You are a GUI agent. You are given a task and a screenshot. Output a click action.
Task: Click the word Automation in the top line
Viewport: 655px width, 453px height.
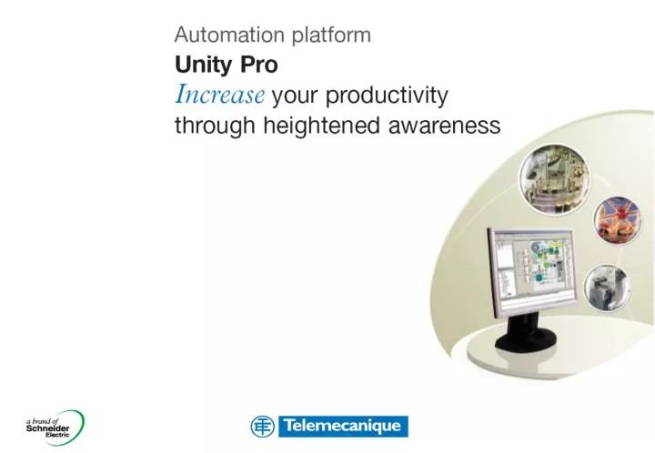[x=230, y=35]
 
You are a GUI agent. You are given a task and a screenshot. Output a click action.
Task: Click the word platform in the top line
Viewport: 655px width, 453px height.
[x=331, y=35]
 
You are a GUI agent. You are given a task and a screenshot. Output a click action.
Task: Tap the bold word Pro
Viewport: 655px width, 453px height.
[x=259, y=65]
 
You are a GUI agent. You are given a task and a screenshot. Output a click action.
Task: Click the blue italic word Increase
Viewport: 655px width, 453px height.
[x=219, y=94]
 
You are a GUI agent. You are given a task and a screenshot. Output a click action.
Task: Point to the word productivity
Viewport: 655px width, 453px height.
[x=387, y=96]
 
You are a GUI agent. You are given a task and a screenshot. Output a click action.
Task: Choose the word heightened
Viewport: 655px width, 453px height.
[x=322, y=126]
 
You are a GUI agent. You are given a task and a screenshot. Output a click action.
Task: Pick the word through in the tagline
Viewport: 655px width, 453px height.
[x=215, y=126]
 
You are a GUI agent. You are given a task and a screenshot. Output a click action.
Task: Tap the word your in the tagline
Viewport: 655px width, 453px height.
[x=295, y=96]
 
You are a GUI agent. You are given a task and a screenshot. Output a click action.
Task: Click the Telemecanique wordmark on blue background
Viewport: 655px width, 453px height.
[x=343, y=427]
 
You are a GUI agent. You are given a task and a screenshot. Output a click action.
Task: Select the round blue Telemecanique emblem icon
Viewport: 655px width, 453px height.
[x=263, y=427]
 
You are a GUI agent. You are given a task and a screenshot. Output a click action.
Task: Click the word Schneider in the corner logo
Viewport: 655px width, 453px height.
[x=47, y=428]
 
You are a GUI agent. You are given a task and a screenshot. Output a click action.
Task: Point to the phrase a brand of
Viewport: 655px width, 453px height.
[x=42, y=421]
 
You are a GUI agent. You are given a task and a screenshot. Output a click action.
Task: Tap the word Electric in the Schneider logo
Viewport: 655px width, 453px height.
[x=57, y=435]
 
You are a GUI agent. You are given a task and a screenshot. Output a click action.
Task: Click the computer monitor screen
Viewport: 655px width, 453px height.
[x=532, y=268]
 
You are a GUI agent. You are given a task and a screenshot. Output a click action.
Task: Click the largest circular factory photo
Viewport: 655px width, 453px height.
[x=555, y=179]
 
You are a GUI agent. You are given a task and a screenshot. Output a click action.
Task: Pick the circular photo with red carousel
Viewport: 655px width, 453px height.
[x=618, y=220]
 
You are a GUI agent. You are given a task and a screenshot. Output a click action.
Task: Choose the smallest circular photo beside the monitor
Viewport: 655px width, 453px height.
[x=607, y=287]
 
